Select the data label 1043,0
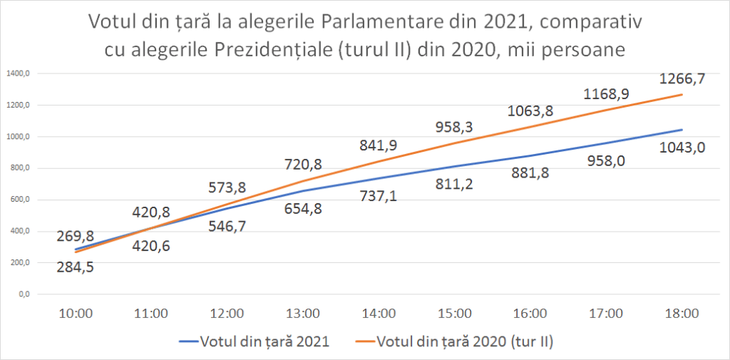pyautogui.click(x=682, y=148)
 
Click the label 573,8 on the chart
pyautogui.click(x=227, y=188)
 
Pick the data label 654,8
pyautogui.click(x=303, y=215)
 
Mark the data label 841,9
pyautogui.click(x=379, y=145)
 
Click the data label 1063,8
pyautogui.click(x=530, y=111)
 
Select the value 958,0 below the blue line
pyautogui.click(x=605, y=161)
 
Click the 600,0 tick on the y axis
pyautogui.click(x=20, y=200)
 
